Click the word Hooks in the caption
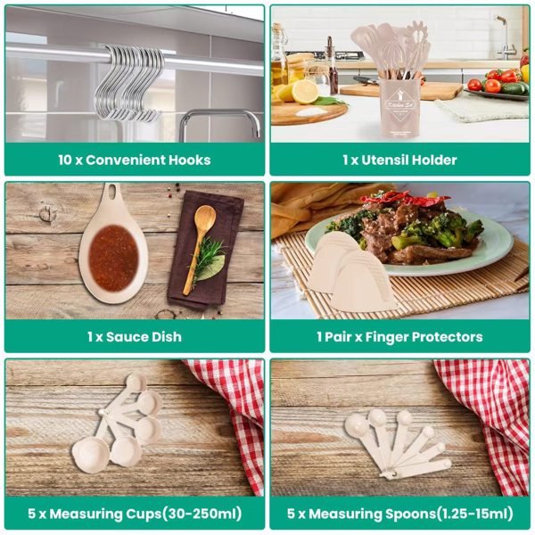[189, 160]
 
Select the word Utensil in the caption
[383, 160]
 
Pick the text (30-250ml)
[202, 514]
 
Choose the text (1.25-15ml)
[475, 514]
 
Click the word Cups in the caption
[144, 514]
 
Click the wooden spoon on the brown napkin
[201, 239]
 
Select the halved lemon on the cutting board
[305, 92]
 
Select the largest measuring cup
[90, 455]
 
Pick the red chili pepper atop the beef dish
[406, 199]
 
